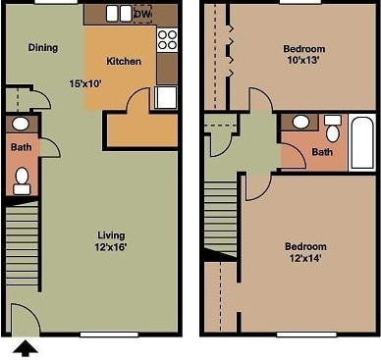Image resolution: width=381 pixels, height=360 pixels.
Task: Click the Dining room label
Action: (42, 47)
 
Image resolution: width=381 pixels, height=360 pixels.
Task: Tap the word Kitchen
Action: (124, 62)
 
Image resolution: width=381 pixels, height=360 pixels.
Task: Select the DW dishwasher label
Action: (141, 14)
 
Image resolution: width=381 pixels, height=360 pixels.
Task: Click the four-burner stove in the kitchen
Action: (167, 40)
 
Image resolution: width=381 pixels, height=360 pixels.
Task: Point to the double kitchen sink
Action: (119, 14)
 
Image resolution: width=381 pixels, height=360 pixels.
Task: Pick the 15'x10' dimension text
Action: (84, 84)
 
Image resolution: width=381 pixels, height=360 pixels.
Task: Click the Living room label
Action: (111, 234)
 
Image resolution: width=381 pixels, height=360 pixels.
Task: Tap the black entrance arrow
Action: (27, 346)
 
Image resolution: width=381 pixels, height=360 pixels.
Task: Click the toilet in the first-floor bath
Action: (22, 179)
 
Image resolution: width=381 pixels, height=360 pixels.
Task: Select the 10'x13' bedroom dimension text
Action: (304, 61)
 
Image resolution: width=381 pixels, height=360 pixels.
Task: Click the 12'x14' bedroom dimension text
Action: (305, 259)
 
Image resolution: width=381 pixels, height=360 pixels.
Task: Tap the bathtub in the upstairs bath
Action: (361, 143)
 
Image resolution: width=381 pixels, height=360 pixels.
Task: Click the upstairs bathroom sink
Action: (300, 123)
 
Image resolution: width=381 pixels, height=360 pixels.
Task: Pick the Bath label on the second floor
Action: (321, 153)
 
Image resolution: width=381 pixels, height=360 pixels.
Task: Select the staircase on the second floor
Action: (220, 216)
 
